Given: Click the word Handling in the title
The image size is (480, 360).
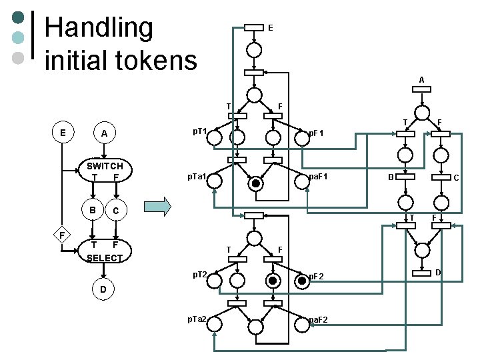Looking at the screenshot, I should (99, 28).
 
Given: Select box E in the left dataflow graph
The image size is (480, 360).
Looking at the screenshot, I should (63, 133).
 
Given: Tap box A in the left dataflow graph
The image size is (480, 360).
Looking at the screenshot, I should (103, 133).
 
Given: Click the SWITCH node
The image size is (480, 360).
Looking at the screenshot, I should (105, 171).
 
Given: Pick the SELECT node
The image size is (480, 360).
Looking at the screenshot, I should (105, 251).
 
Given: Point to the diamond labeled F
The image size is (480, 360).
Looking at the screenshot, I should (61, 235).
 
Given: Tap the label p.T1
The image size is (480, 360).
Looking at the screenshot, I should (199, 131).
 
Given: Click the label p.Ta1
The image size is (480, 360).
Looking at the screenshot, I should (197, 177).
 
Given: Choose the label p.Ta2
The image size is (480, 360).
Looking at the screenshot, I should (197, 321).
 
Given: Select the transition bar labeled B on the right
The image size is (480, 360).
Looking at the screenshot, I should (405, 177).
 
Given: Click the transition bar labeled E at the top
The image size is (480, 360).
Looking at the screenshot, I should (254, 27).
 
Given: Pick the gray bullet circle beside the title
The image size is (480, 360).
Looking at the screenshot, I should (19, 57).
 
